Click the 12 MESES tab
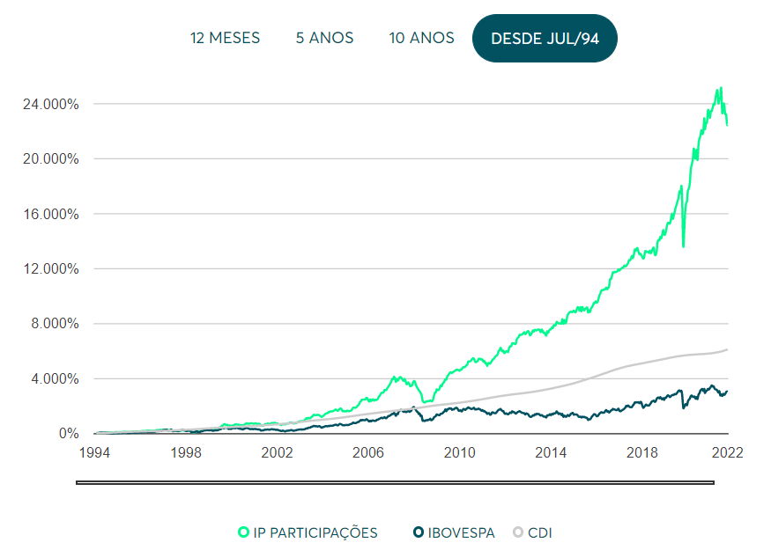[225, 38]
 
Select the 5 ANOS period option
[324, 38]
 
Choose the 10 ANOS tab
[421, 38]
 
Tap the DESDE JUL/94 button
[545, 39]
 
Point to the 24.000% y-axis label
[50, 104]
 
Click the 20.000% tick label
[50, 159]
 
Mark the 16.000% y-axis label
[50, 214]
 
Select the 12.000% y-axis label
[50, 268]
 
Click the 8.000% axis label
[55, 324]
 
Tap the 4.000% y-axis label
[55, 378]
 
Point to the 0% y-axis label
[69, 434]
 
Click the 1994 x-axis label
[94, 452]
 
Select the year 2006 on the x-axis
[367, 452]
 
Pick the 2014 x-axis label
[550, 452]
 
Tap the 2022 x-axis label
[727, 452]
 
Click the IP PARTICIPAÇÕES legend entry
[308, 532]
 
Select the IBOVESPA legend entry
[454, 532]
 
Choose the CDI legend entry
[532, 532]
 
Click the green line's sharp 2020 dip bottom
[684, 246]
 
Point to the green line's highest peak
[721, 88]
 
